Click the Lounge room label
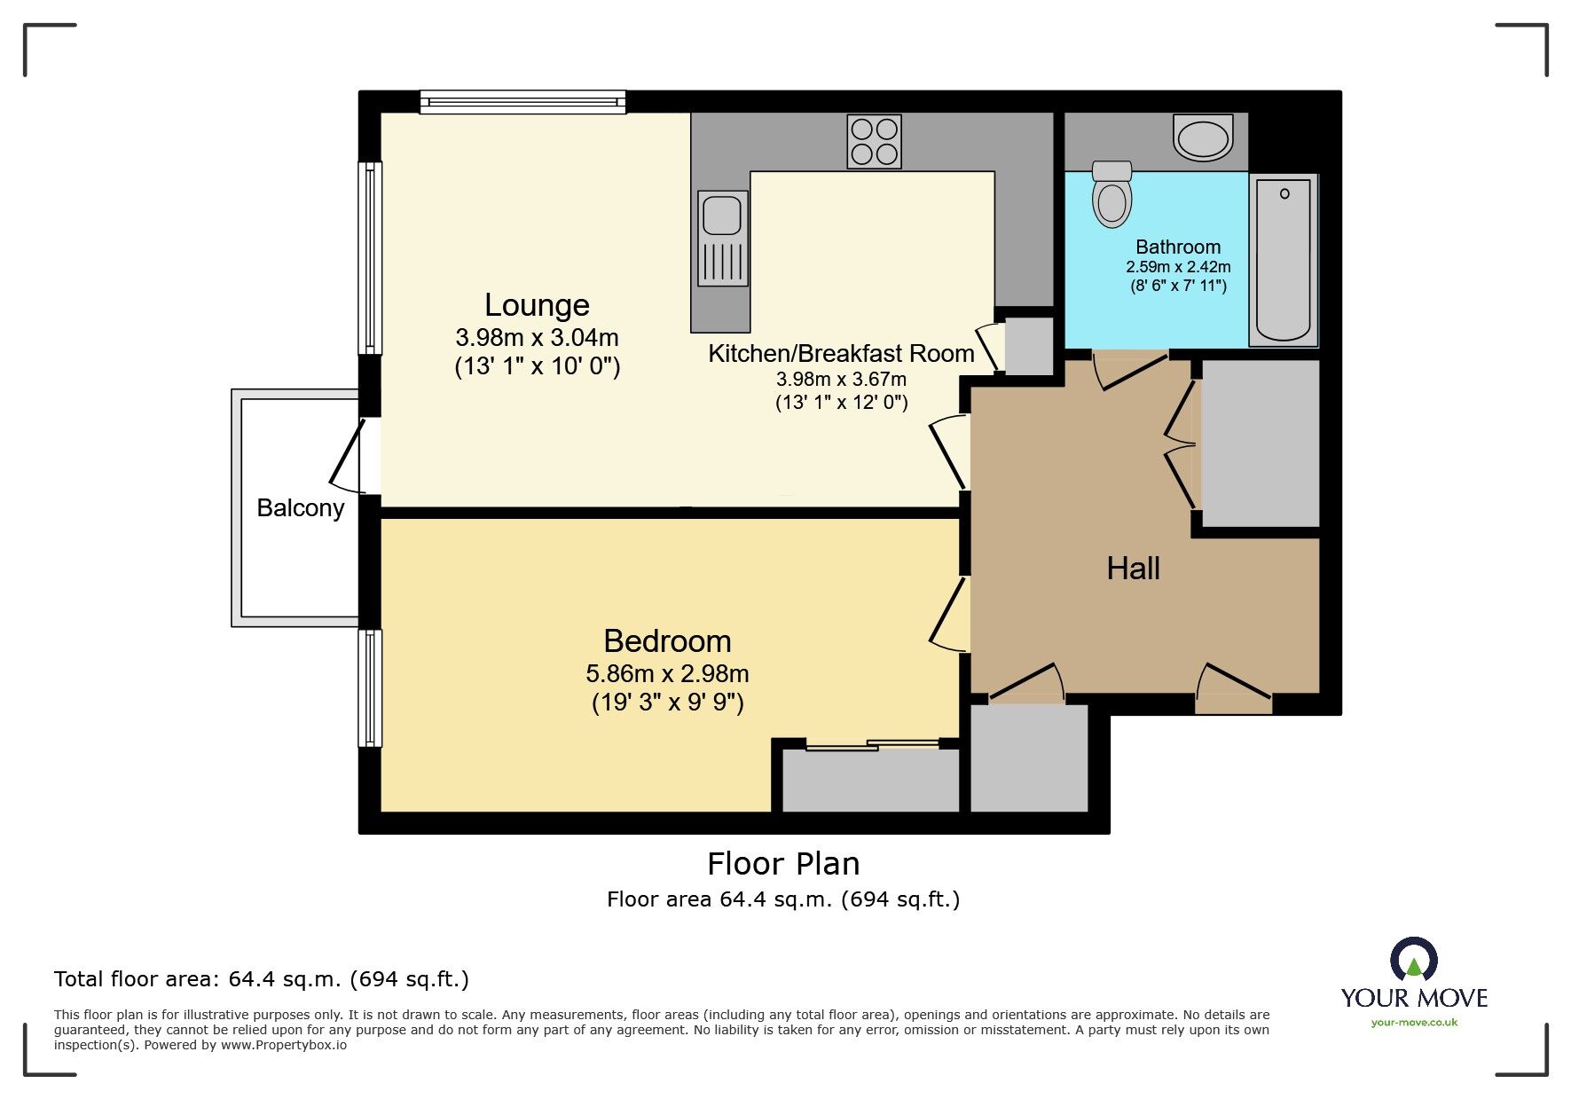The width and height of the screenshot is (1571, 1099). click(537, 305)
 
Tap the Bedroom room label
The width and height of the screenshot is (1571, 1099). click(667, 641)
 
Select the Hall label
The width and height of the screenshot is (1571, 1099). click(1133, 569)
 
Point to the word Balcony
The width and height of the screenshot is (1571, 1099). click(300, 508)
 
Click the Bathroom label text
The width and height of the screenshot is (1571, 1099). click(1178, 247)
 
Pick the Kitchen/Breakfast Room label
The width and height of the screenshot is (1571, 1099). click(841, 354)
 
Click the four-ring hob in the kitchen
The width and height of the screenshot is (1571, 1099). click(875, 142)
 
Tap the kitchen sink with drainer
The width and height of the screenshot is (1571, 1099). click(722, 238)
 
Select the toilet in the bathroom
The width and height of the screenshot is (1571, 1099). click(1112, 193)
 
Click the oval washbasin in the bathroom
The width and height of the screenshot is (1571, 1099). click(1203, 137)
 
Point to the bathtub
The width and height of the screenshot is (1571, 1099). click(1284, 259)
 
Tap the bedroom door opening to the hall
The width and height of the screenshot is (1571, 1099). click(948, 614)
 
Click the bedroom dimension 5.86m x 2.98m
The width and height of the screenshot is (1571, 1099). click(667, 674)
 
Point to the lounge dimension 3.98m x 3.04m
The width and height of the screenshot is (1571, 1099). click(537, 338)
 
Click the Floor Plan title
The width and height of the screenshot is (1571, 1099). click(783, 864)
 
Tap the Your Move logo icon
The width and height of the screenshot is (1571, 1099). click(1413, 960)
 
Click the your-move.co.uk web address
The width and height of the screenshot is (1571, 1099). click(1414, 1023)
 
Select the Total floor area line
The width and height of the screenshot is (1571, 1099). click(262, 979)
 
